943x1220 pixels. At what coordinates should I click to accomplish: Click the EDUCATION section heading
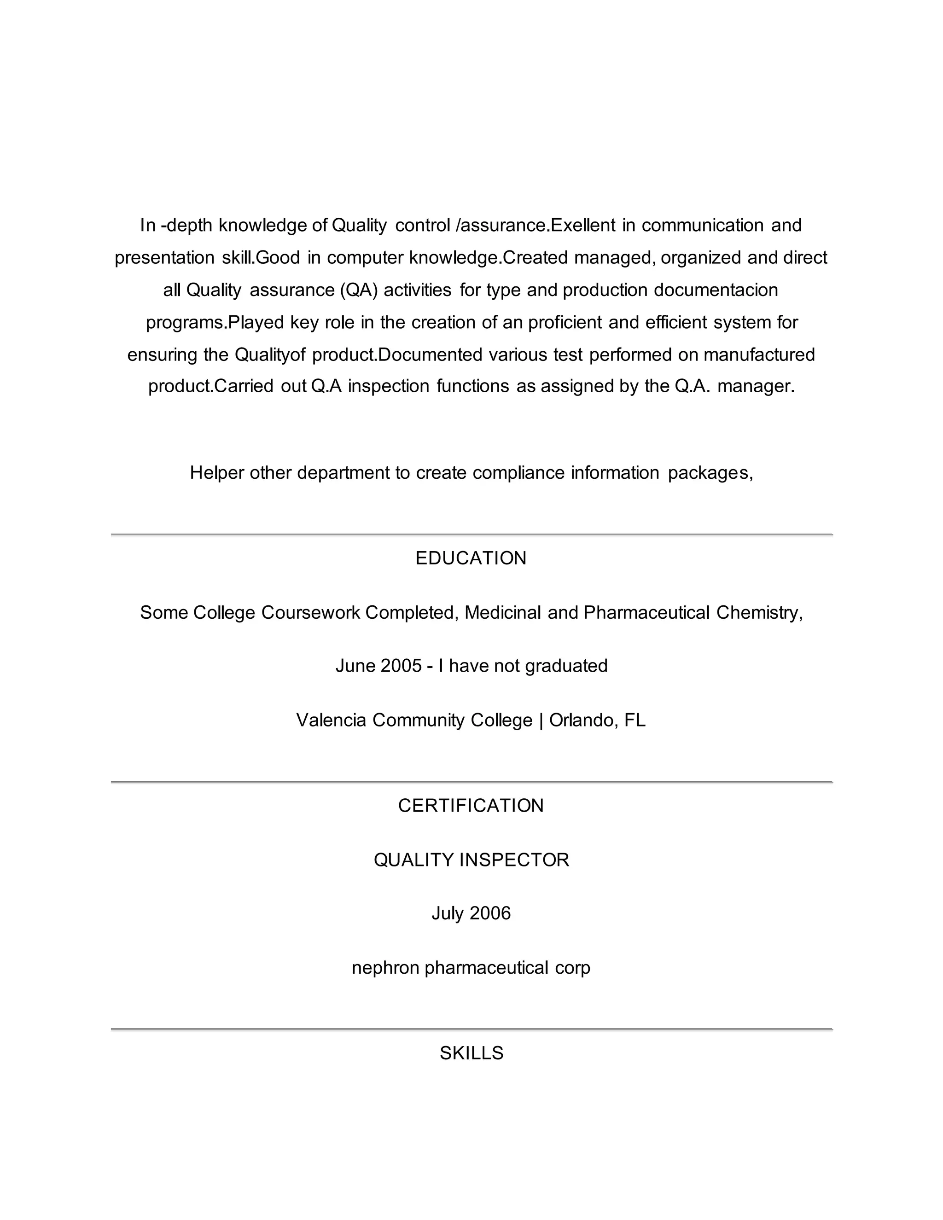pyautogui.click(x=471, y=558)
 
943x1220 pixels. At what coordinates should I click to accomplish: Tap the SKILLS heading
pyautogui.click(x=471, y=1053)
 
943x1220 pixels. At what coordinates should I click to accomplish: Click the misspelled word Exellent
pyautogui.click(x=583, y=225)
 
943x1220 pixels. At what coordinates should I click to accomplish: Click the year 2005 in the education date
pyautogui.click(x=401, y=665)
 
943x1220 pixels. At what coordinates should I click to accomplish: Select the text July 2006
pyautogui.click(x=471, y=913)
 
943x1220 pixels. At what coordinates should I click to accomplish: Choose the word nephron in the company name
pyautogui.click(x=385, y=967)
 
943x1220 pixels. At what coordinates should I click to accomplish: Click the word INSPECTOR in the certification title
pyautogui.click(x=514, y=859)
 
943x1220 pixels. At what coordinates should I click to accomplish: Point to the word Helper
pyautogui.click(x=217, y=473)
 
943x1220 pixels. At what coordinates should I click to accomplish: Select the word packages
pyautogui.click(x=710, y=473)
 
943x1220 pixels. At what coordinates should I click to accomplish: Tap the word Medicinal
pyautogui.click(x=503, y=612)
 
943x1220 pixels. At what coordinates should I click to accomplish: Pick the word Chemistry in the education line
pyautogui.click(x=759, y=612)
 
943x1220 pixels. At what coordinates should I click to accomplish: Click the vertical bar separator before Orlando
pyautogui.click(x=541, y=720)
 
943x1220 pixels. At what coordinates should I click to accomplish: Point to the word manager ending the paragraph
pyautogui.click(x=755, y=386)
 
